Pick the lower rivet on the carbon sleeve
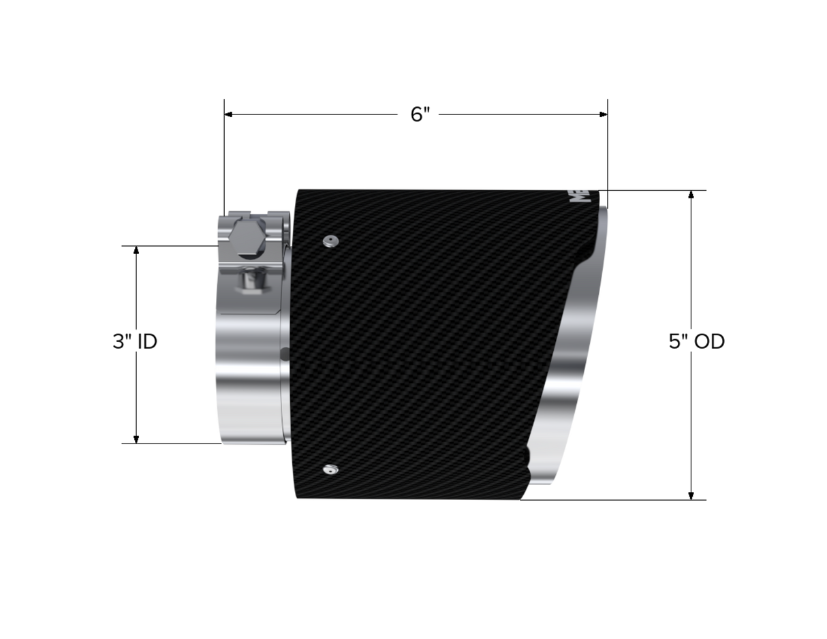tap(330, 469)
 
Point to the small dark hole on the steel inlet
tap(285, 354)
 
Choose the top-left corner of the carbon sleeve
tap(298, 191)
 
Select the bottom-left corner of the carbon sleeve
tap(298, 498)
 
